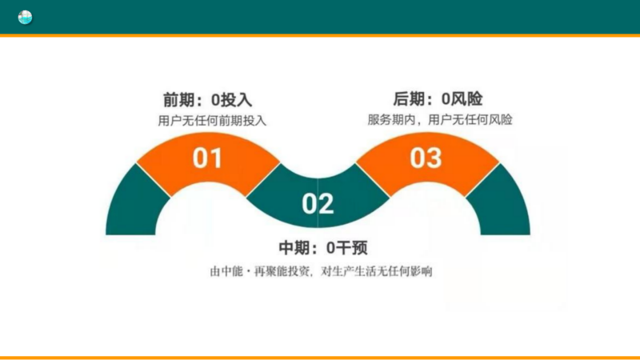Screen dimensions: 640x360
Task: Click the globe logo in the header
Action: click(x=25, y=17)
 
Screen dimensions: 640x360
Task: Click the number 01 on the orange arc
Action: click(x=208, y=158)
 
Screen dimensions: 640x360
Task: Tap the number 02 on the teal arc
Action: click(x=318, y=204)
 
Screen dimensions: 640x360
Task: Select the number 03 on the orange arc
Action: click(x=426, y=158)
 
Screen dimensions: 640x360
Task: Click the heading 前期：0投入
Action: click(x=207, y=99)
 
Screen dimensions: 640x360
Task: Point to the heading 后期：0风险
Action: click(x=438, y=98)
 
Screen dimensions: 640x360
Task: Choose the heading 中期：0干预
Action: click(x=323, y=247)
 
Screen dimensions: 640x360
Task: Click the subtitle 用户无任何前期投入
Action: click(x=212, y=121)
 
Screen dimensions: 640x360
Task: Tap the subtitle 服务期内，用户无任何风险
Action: click(x=439, y=119)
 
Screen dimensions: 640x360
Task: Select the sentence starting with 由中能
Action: click(x=321, y=271)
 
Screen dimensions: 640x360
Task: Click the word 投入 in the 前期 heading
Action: click(x=236, y=99)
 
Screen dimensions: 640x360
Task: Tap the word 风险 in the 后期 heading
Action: click(x=466, y=98)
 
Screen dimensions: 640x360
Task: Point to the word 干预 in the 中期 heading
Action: click(x=352, y=247)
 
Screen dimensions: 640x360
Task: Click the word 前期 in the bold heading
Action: click(x=178, y=99)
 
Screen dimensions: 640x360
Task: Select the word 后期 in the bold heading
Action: click(x=409, y=98)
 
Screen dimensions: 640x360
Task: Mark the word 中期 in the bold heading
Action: click(x=294, y=247)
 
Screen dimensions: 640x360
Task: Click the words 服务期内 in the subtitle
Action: click(x=391, y=119)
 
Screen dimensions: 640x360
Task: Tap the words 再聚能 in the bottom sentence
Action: click(x=270, y=271)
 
